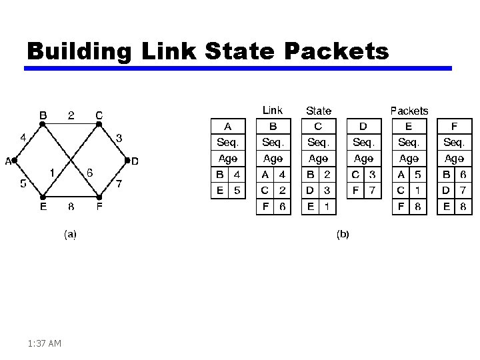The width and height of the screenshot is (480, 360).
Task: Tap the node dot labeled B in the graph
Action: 43,123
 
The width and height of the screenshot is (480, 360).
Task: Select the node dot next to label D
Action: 127,161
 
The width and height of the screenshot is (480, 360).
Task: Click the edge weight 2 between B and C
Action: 71,115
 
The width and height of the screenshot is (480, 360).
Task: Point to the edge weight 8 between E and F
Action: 71,207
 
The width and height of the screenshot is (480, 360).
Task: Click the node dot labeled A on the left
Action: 14,161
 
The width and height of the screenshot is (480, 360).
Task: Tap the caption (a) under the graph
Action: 70,233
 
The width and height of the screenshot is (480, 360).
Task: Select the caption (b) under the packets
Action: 343,233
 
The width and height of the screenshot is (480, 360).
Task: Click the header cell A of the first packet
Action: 228,126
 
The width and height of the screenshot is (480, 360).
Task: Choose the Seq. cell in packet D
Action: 363,142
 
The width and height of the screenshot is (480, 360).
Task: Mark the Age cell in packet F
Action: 454,159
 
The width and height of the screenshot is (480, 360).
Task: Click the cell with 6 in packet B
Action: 283,207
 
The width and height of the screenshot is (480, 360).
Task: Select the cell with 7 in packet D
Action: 373,191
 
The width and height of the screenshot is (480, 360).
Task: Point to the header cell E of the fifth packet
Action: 409,126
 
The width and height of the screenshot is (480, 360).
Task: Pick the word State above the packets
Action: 319,111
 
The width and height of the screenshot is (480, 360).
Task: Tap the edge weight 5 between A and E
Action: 23,183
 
